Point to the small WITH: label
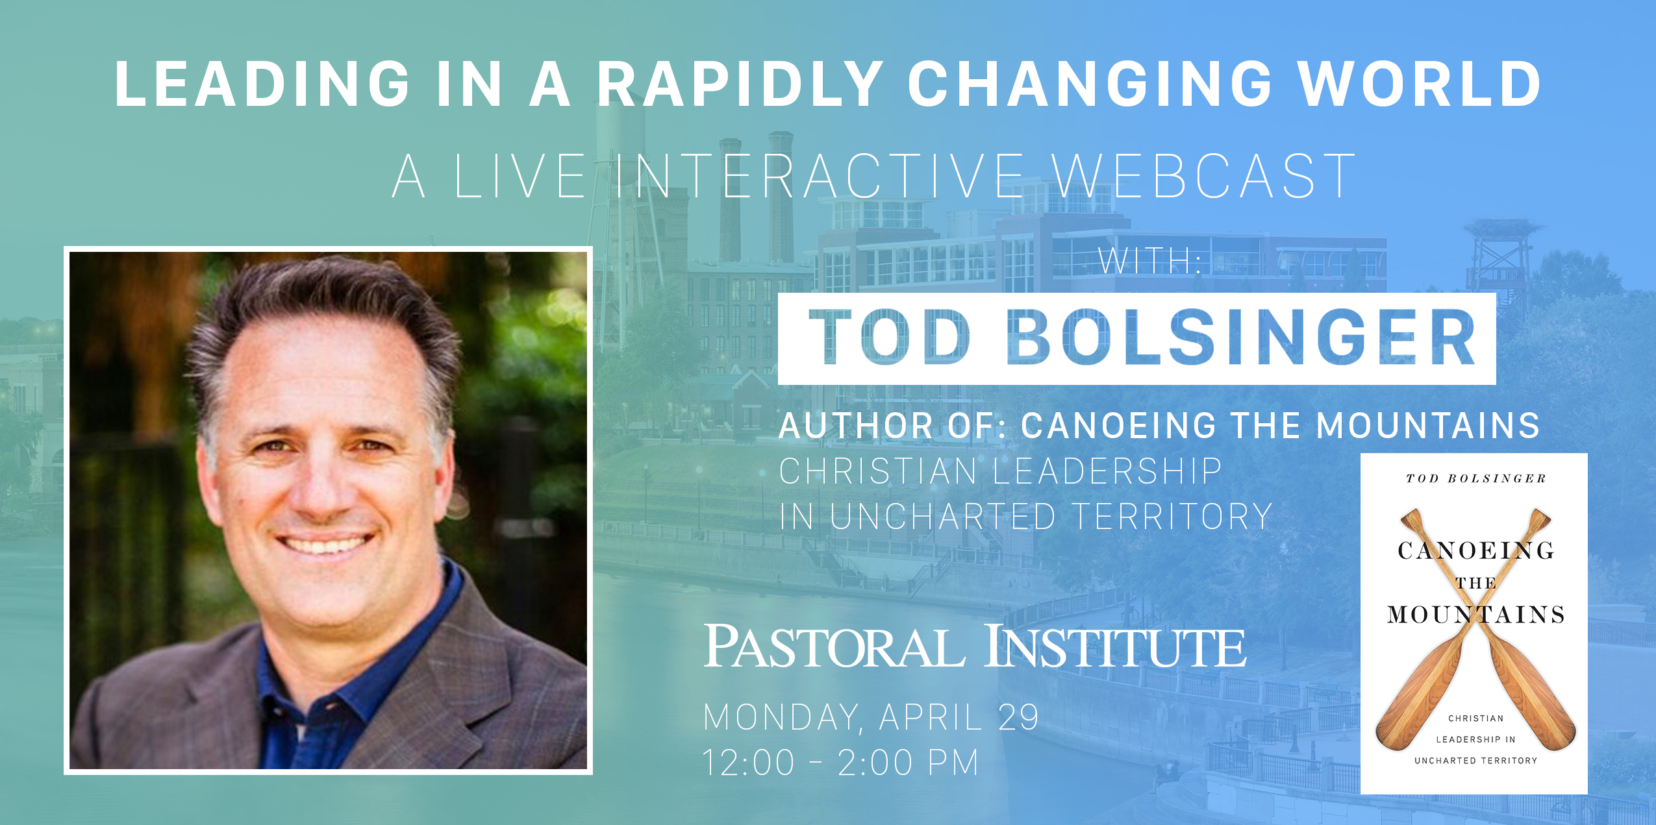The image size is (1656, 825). (x=1149, y=261)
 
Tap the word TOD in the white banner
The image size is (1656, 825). (x=889, y=338)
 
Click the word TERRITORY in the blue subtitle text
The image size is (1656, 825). (x=1171, y=517)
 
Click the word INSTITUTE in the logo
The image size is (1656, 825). (x=1115, y=646)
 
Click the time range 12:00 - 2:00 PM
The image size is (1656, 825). (x=840, y=763)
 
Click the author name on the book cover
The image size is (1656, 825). (x=1475, y=478)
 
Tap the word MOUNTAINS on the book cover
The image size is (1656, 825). (x=1475, y=614)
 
